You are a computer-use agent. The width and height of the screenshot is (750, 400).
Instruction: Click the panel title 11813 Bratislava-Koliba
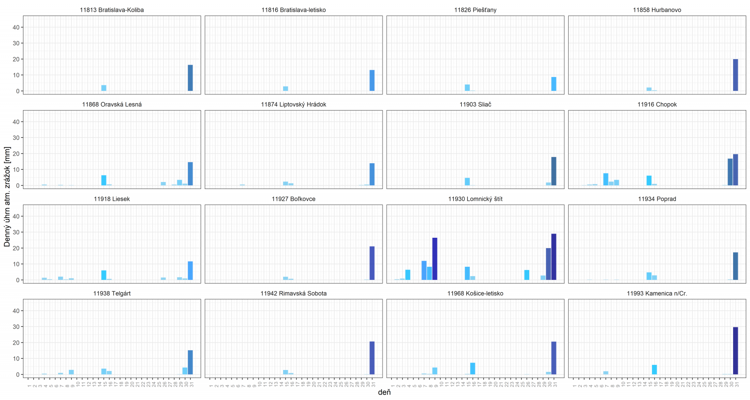click(112, 10)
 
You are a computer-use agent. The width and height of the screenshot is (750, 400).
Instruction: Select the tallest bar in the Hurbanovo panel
click(735, 75)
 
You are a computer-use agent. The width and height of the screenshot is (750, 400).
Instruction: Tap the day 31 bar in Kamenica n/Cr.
click(735, 351)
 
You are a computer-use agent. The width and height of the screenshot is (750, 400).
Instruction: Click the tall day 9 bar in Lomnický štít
click(435, 259)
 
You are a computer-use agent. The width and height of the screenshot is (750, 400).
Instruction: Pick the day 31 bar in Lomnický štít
click(554, 257)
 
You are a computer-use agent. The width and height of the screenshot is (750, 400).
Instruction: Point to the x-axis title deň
click(384, 392)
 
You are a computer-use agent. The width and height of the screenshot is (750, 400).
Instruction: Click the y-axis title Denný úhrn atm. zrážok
click(7, 196)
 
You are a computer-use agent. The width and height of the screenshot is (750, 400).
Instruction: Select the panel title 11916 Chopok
click(657, 105)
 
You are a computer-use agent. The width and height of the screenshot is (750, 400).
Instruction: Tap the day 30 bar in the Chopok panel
click(730, 172)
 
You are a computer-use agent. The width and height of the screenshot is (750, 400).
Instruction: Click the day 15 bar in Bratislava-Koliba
click(104, 88)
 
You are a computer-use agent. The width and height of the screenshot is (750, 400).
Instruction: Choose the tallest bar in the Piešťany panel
click(554, 84)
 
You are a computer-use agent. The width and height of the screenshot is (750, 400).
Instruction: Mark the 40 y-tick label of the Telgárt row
click(16, 311)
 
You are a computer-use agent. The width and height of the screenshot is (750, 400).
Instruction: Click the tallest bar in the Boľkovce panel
click(372, 263)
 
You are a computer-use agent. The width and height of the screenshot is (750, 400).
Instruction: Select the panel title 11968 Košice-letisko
click(475, 294)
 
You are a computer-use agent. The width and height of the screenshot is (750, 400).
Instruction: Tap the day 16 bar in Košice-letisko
click(472, 369)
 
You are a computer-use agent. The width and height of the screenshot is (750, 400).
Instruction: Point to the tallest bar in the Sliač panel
click(554, 171)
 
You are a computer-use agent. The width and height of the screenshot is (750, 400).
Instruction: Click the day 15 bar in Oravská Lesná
click(104, 181)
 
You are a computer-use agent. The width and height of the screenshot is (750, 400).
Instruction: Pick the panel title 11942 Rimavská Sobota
click(293, 294)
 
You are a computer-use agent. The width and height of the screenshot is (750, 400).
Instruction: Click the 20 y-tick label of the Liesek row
click(16, 248)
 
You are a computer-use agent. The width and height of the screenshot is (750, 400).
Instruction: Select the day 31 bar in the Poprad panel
click(735, 266)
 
